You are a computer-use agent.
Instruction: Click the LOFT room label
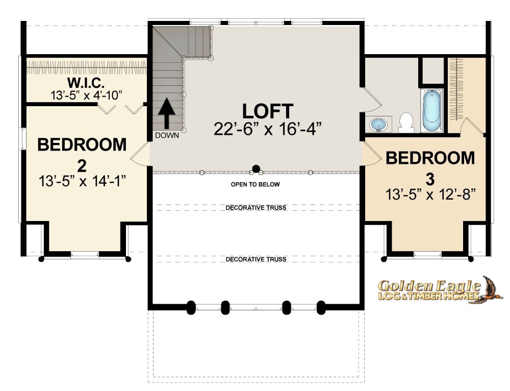pyautogui.click(x=268, y=111)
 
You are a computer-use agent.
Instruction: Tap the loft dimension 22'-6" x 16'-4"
pyautogui.click(x=268, y=129)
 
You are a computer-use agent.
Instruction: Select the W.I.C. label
pyautogui.click(x=86, y=83)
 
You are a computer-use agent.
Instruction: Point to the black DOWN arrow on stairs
pyautogui.click(x=167, y=113)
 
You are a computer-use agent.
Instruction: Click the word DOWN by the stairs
pyautogui.click(x=167, y=135)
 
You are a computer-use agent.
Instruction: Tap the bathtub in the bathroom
pyautogui.click(x=431, y=111)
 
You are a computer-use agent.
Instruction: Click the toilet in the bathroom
pyautogui.click(x=406, y=123)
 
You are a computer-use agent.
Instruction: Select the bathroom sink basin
pyautogui.click(x=378, y=125)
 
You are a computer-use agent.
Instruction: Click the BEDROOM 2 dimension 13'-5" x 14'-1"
pyautogui.click(x=82, y=181)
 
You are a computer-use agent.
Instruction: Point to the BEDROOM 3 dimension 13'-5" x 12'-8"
pyautogui.click(x=430, y=194)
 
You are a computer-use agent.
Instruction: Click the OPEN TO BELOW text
pyautogui.click(x=256, y=184)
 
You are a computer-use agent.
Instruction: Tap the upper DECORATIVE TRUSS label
pyautogui.click(x=256, y=208)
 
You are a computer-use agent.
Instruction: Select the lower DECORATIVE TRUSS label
pyautogui.click(x=256, y=259)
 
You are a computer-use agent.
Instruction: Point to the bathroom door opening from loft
pyautogui.click(x=371, y=100)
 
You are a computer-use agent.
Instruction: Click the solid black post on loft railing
pyautogui.click(x=257, y=168)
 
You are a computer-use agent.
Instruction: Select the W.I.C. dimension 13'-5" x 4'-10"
pyautogui.click(x=86, y=95)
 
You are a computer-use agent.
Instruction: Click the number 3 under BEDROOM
pyautogui.click(x=430, y=179)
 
